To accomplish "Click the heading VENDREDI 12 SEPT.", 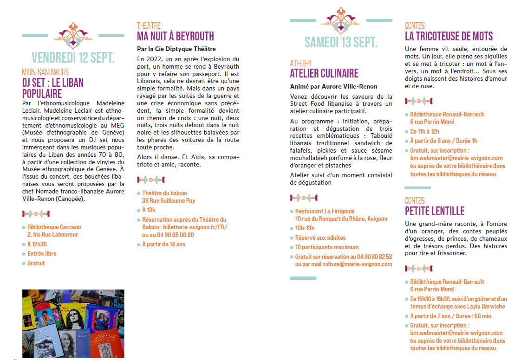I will coord(73,58).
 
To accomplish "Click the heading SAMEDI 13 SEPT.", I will coord(341,43).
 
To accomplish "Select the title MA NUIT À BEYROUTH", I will coord(175,36).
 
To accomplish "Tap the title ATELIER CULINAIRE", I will coord(324,73).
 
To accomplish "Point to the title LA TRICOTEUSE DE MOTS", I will coord(449,36).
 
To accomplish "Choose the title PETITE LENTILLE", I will coord(434,211).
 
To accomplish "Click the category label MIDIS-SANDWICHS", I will coord(45,72).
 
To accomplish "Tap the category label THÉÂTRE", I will coord(149,26).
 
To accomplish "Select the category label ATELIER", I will coord(300,63).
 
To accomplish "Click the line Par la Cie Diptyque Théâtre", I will coord(176,49).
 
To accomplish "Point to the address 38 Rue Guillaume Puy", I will coord(169,201).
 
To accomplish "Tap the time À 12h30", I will coord(37,244).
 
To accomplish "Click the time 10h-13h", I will coord(305,228).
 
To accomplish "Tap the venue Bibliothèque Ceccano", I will coord(54,227).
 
